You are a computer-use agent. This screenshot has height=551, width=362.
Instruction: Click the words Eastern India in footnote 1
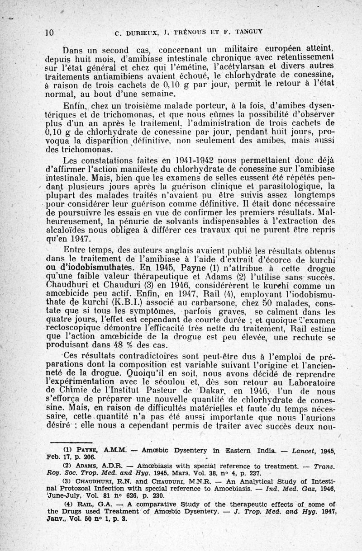226,451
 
